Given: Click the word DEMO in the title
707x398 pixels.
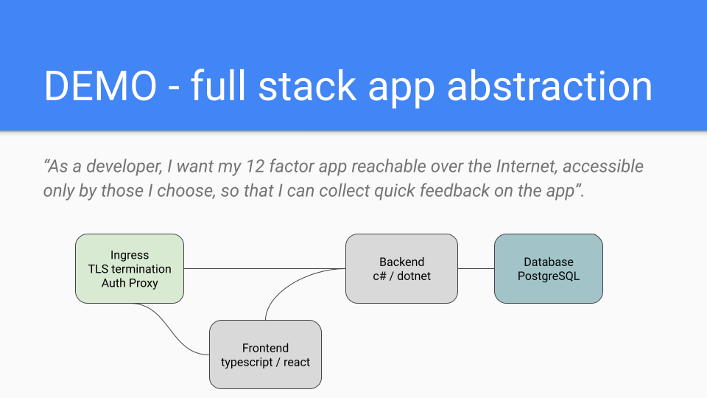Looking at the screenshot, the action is click(100, 85).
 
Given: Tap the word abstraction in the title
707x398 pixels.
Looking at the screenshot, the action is click(549, 85).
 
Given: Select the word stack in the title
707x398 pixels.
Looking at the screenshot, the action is click(308, 85).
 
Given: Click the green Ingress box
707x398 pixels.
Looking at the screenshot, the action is click(130, 268).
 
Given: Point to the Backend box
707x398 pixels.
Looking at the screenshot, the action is click(402, 268).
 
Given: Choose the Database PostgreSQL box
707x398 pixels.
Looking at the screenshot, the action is click(548, 268).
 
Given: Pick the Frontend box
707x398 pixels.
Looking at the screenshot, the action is click(265, 355).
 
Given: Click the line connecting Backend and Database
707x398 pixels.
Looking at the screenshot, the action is click(476, 268).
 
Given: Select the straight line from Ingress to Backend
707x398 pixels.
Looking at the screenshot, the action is click(264, 268).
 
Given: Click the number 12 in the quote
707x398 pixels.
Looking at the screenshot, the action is click(256, 167).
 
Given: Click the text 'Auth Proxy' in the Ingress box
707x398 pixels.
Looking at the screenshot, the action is click(130, 283).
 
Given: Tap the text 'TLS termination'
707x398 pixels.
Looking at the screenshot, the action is click(130, 269).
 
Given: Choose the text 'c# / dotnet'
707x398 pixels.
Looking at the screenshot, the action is click(402, 276).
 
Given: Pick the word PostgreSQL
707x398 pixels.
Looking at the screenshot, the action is click(548, 276).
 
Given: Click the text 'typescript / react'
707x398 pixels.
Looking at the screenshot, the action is click(265, 363).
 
